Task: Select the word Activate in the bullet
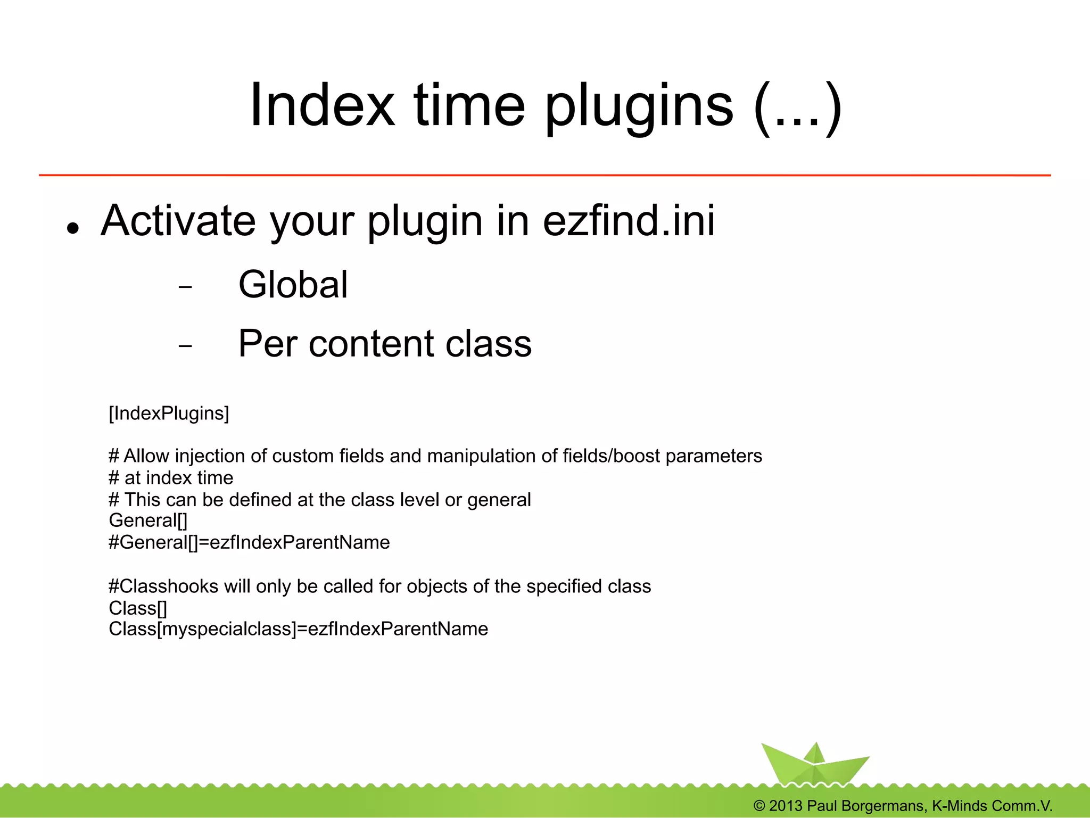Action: [178, 220]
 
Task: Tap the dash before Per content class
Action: [185, 346]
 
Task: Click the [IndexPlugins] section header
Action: [169, 414]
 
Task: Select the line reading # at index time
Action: [171, 478]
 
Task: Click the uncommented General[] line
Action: [148, 520]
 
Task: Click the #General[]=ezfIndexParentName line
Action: [249, 542]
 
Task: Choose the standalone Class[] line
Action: [138, 608]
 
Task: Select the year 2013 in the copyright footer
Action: [785, 806]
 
